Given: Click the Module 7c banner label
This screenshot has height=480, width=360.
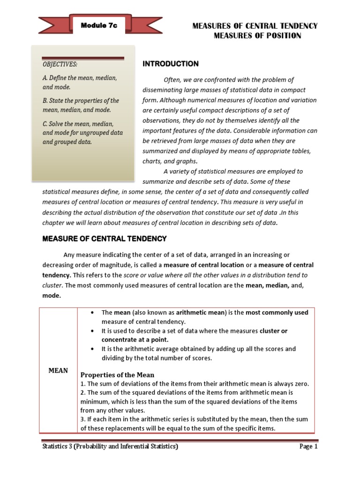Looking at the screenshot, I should tap(99, 26).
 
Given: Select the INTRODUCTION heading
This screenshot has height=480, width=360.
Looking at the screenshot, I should tap(170, 64).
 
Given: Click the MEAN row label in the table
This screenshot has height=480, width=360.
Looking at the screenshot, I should tap(59, 370).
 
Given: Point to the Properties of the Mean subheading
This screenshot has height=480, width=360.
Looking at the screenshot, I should tap(117, 375).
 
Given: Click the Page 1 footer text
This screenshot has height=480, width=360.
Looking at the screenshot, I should tap(309, 447).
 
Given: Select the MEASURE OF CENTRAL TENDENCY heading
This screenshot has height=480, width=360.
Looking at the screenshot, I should tap(105, 239).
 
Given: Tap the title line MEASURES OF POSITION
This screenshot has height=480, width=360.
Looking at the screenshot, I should tap(257, 36).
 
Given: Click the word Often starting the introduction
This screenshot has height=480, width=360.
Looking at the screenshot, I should tap(172, 80).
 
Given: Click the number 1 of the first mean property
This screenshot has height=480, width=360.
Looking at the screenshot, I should tap(82, 383).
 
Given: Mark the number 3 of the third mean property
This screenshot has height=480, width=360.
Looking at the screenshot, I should tap(82, 419).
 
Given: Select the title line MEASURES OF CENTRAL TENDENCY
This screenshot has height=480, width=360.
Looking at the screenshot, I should tap(255, 26).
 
